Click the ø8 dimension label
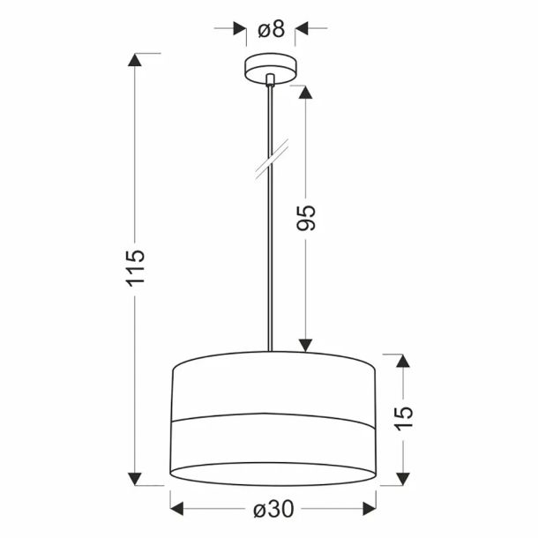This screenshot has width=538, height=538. click(x=271, y=29)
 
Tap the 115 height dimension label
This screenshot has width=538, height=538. click(x=136, y=269)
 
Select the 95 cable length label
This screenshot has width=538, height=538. click(x=306, y=218)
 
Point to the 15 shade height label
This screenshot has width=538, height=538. click(x=404, y=418)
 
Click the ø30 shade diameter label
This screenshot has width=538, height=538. click(x=273, y=509)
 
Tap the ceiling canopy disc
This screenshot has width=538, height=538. click(x=271, y=68)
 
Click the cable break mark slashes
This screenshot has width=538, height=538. click(x=272, y=159)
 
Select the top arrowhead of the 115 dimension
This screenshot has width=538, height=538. click(x=134, y=60)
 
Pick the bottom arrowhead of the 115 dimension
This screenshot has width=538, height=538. click(x=134, y=479)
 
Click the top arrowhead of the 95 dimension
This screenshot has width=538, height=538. click(x=305, y=93)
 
